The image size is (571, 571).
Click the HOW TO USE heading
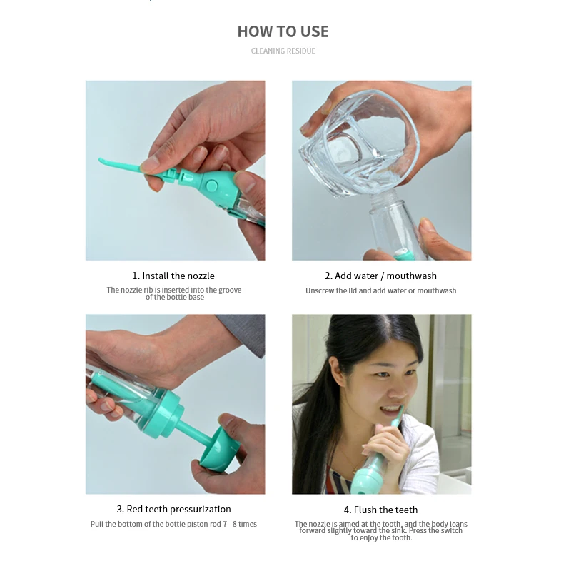(283, 31)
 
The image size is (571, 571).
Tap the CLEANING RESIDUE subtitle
(283, 51)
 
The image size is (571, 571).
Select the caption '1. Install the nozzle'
(173, 276)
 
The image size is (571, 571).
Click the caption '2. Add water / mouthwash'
(380, 276)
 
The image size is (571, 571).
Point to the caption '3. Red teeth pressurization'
(173, 509)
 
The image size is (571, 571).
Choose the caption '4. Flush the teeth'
(380, 510)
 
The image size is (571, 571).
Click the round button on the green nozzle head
(211, 186)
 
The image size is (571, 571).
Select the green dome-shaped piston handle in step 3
(219, 450)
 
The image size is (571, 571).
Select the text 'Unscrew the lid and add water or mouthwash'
(380, 290)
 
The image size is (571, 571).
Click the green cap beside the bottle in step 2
(403, 255)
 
